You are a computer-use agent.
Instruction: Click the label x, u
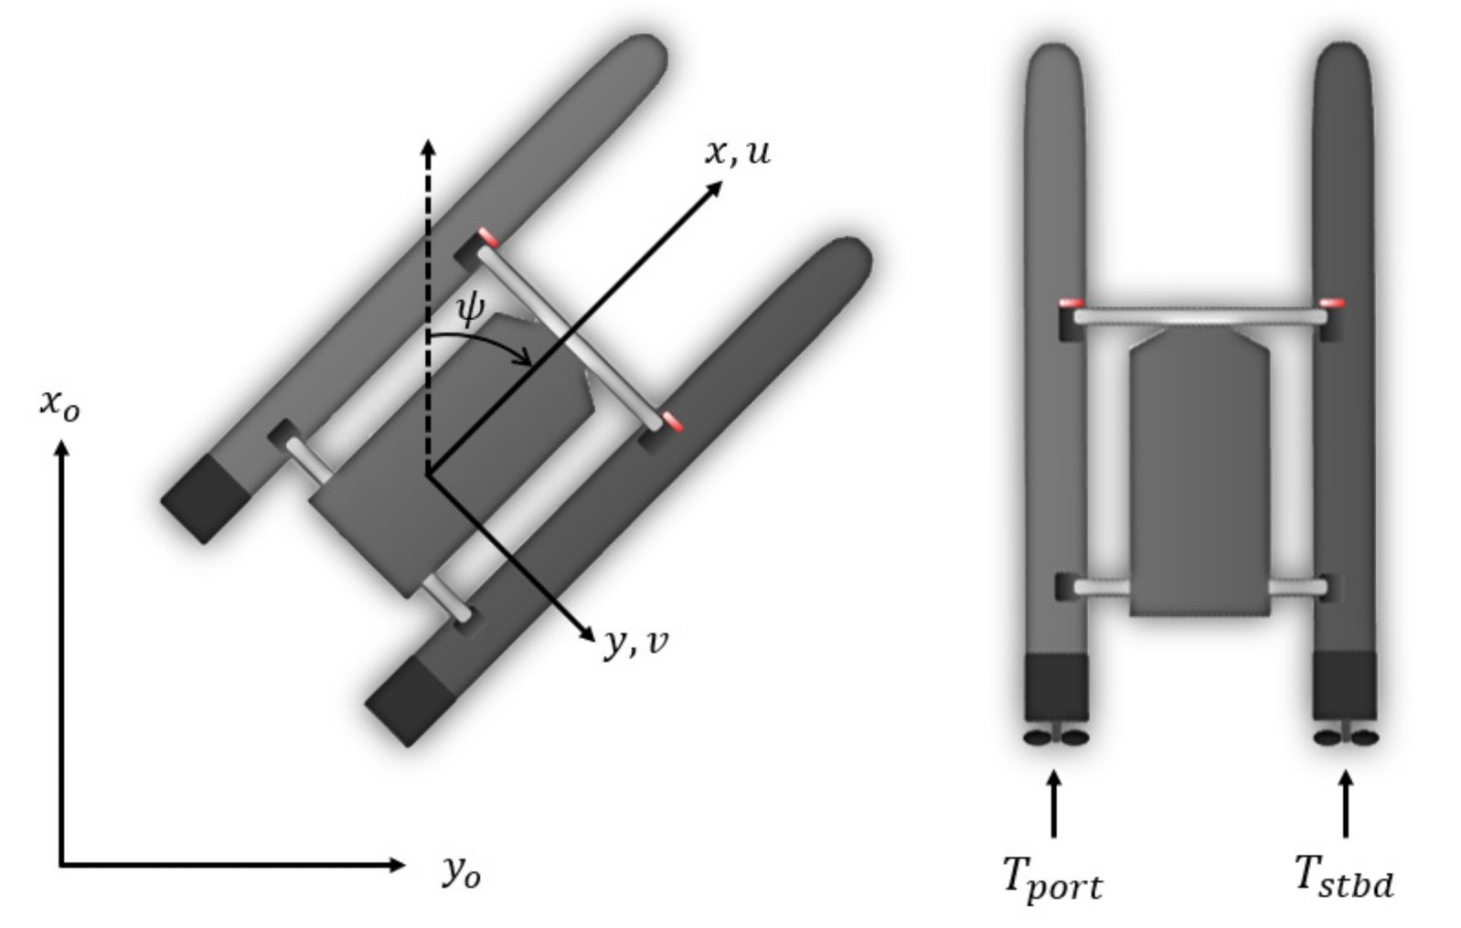point(737,152)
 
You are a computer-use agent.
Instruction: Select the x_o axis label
point(59,403)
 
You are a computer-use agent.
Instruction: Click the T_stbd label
point(1344,876)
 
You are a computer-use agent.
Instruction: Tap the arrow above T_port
point(1054,805)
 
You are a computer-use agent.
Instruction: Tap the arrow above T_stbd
point(1345,805)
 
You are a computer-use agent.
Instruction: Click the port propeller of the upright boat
point(1056,736)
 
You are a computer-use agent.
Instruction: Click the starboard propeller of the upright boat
point(1346,736)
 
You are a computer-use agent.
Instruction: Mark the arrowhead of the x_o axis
point(61,450)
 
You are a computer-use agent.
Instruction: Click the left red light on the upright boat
point(1071,304)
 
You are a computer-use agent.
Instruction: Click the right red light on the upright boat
point(1332,303)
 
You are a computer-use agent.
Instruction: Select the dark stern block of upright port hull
point(1056,687)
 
